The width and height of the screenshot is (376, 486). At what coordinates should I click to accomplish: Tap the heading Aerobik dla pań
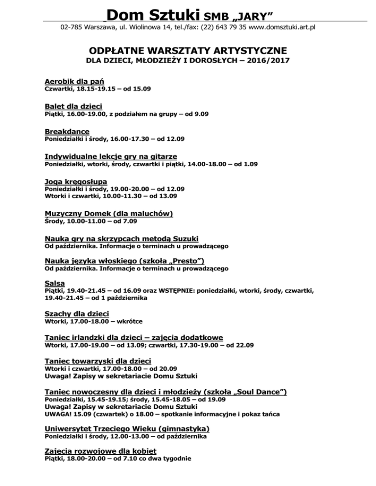(x=74, y=81)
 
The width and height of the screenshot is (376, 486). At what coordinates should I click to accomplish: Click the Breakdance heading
(x=67, y=132)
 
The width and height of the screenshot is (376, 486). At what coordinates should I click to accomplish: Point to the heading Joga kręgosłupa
(x=76, y=181)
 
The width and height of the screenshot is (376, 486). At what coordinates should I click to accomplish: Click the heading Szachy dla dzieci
(x=77, y=313)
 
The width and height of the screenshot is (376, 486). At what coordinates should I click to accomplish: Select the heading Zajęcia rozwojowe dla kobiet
(x=101, y=450)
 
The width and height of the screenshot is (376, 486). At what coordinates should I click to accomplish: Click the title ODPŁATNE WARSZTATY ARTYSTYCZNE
(x=188, y=51)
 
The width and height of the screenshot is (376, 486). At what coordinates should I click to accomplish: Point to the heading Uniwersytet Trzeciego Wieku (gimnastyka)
(x=127, y=428)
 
